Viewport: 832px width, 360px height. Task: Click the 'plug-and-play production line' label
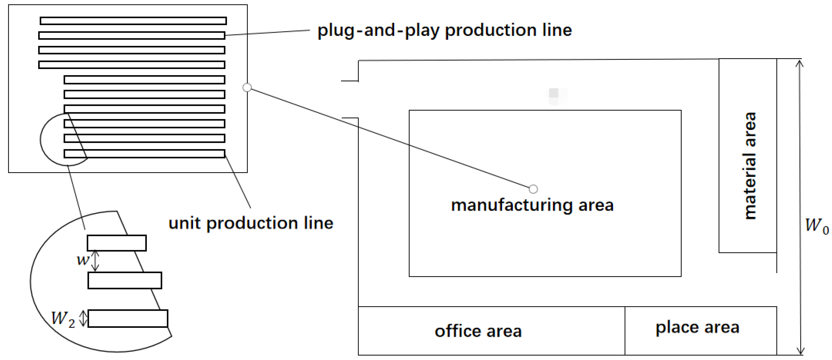point(444,31)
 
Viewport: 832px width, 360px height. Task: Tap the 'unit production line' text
point(251,223)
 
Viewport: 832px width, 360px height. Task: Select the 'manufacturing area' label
point(532,205)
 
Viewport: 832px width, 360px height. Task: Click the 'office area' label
point(478,332)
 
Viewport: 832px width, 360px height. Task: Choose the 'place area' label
point(697,328)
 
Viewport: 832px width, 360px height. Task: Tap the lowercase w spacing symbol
point(83,260)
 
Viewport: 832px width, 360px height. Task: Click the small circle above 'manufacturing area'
point(533,189)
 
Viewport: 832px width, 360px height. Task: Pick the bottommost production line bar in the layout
point(144,154)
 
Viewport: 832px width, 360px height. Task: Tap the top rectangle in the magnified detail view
point(116,243)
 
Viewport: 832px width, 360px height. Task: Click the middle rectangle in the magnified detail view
point(125,280)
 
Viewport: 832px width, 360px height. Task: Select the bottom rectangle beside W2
point(128,319)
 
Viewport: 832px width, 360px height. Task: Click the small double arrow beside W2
point(83,318)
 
